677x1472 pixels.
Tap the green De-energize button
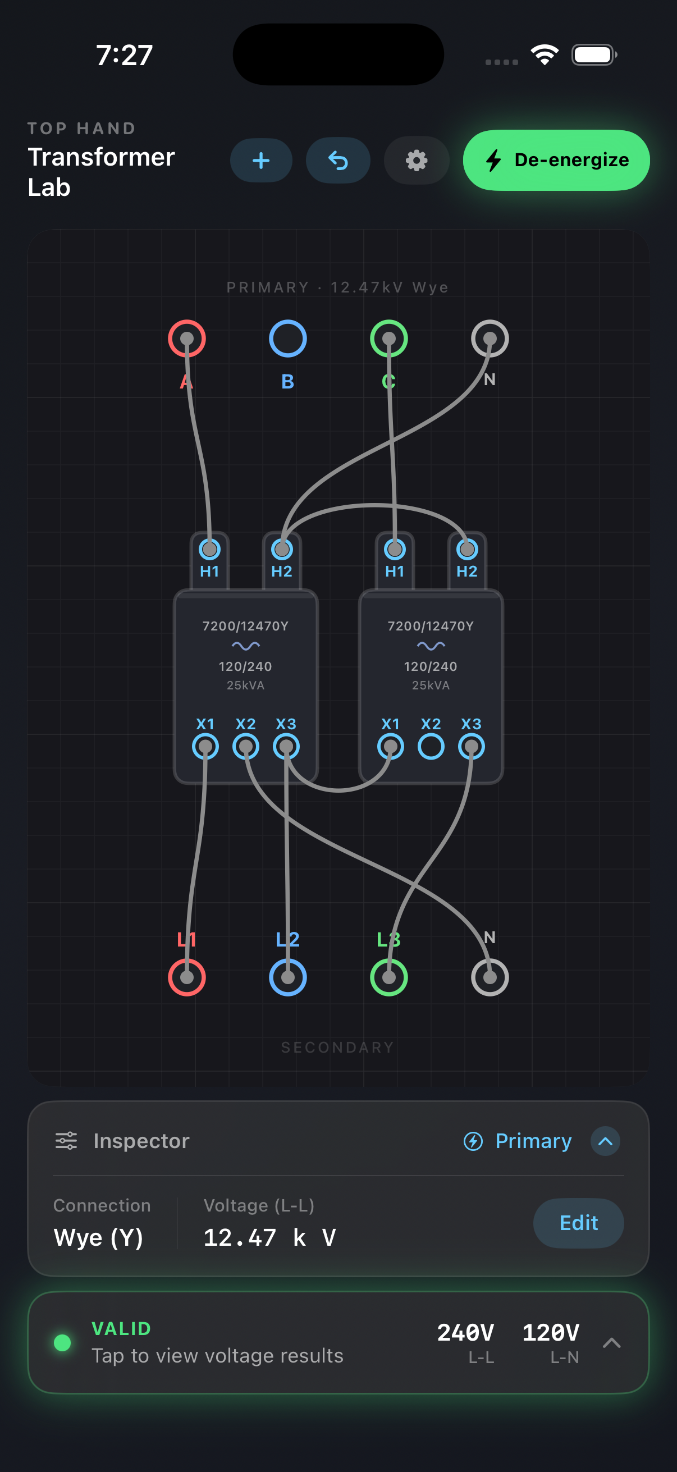pos(556,160)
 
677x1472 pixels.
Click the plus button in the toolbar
pos(261,161)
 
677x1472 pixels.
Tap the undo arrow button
pos(337,161)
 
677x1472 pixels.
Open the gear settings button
pos(416,161)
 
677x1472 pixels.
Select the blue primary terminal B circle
pos(287,339)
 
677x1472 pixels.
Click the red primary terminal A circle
pos(187,339)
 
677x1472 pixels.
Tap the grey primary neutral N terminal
pos(490,339)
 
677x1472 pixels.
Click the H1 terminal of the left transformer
pos(210,549)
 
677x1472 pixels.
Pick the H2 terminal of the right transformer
pos(466,549)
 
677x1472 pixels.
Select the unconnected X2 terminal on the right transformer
pos(431,746)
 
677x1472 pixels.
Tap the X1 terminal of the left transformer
pos(205,746)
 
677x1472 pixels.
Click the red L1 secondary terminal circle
pos(187,977)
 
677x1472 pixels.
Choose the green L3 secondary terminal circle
pos(388,977)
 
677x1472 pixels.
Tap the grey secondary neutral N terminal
pos(490,977)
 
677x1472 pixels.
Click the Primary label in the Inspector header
pos(533,1141)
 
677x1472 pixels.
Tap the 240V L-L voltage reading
pos(465,1333)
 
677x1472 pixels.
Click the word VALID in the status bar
pos(121,1329)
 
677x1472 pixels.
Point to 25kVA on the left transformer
pos(245,685)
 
